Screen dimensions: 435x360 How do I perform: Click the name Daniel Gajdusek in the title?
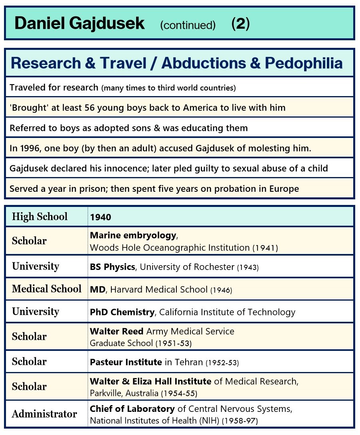[x=79, y=24]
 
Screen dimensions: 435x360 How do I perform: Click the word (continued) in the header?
[x=188, y=25]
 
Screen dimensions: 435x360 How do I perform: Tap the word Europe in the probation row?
[x=285, y=189]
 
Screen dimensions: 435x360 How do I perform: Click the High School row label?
[x=40, y=217]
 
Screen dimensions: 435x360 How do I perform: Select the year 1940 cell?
[x=101, y=217]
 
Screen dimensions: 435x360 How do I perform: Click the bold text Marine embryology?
[x=133, y=235]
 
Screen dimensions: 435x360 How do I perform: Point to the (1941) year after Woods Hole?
[x=265, y=248]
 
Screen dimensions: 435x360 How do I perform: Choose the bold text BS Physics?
[x=113, y=267]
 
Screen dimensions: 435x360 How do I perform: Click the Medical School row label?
[x=46, y=289]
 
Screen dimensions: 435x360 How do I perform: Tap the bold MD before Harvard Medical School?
[x=97, y=289]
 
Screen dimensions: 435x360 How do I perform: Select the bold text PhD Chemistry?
[x=122, y=312]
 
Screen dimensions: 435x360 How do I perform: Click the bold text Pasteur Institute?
[x=126, y=362]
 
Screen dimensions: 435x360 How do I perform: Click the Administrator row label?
[x=44, y=414]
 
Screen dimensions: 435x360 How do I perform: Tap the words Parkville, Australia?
[x=125, y=393]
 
